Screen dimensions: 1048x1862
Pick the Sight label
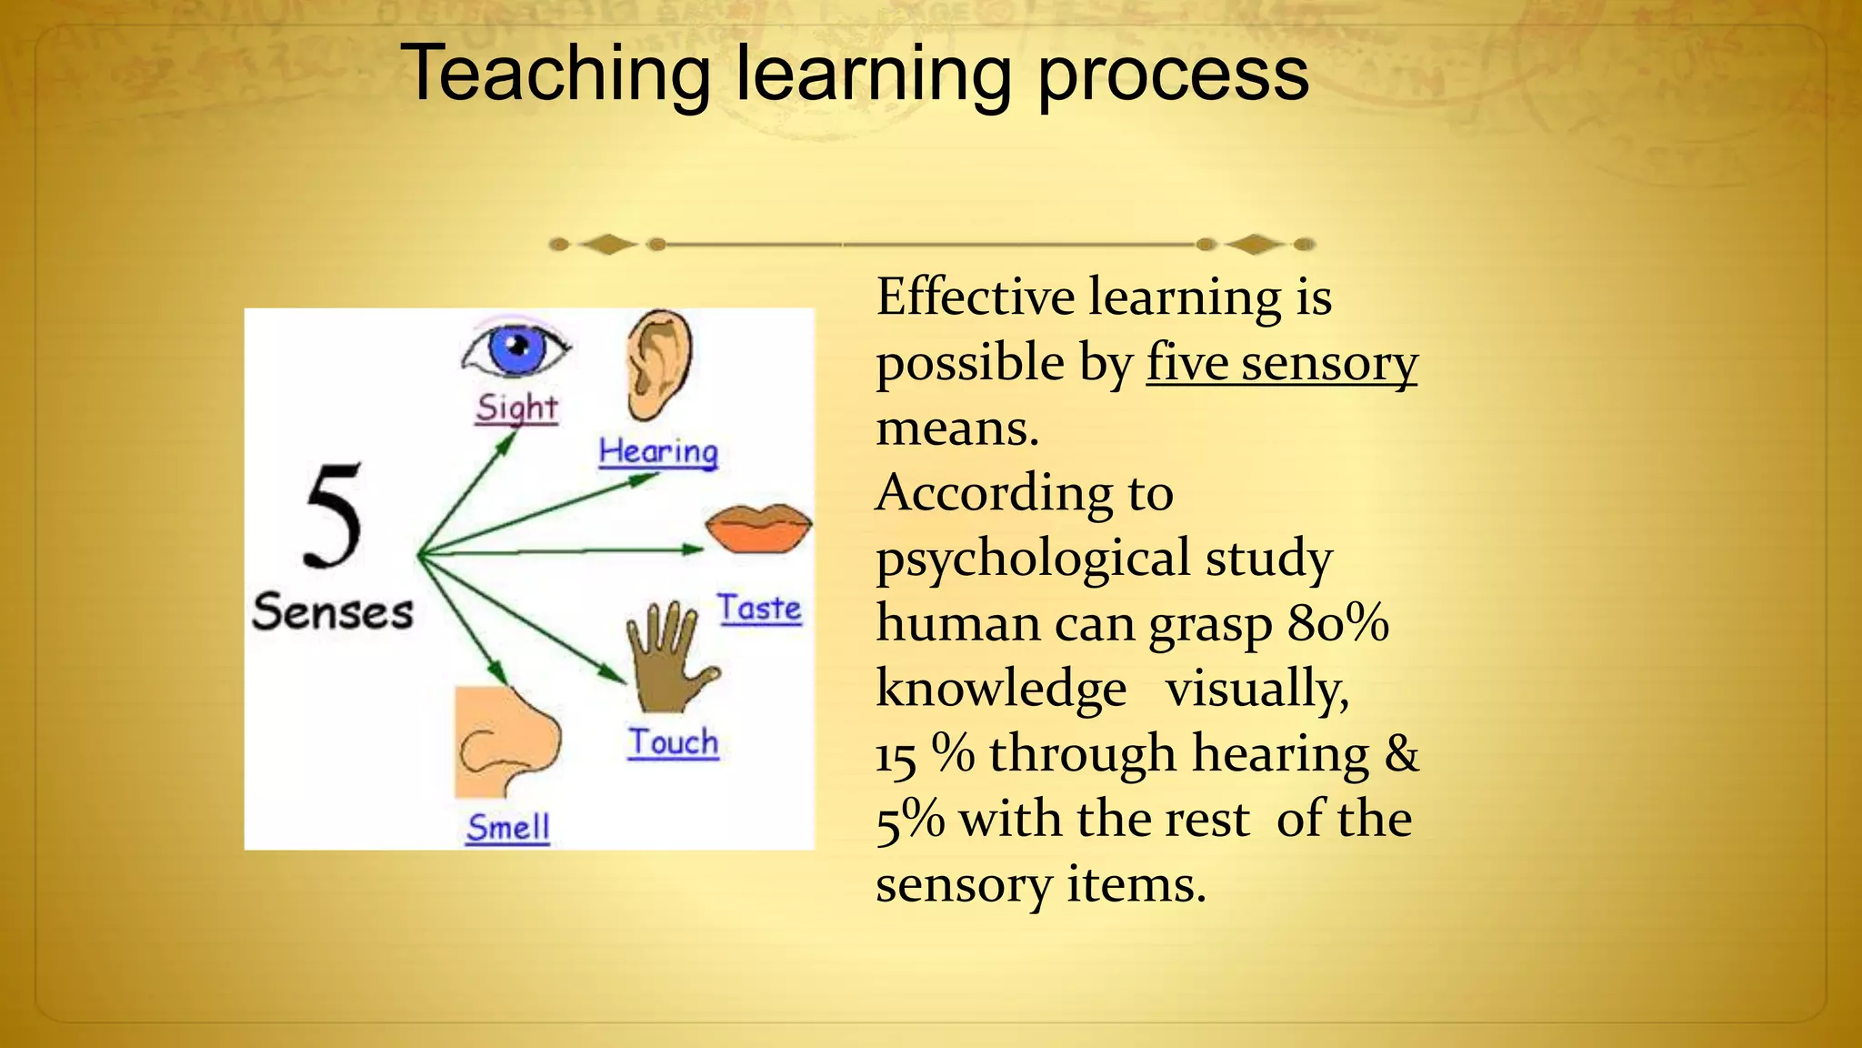pyautogui.click(x=516, y=408)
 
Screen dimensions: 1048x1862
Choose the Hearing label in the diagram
pyautogui.click(x=658, y=451)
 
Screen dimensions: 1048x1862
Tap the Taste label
pyautogui.click(x=759, y=608)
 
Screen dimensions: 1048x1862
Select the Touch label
pyautogui.click(x=673, y=742)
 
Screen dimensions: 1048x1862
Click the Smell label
pyautogui.click(x=507, y=828)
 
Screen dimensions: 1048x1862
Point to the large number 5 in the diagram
pyautogui.click(x=333, y=516)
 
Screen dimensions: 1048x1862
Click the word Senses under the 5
pyautogui.click(x=333, y=611)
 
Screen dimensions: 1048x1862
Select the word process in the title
pyautogui.click(x=1173, y=75)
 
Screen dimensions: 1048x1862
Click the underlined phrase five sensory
pyautogui.click(x=1281, y=363)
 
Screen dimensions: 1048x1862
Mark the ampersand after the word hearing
pyautogui.click(x=1401, y=754)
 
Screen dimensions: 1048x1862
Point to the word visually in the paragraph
pyautogui.click(x=1257, y=689)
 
